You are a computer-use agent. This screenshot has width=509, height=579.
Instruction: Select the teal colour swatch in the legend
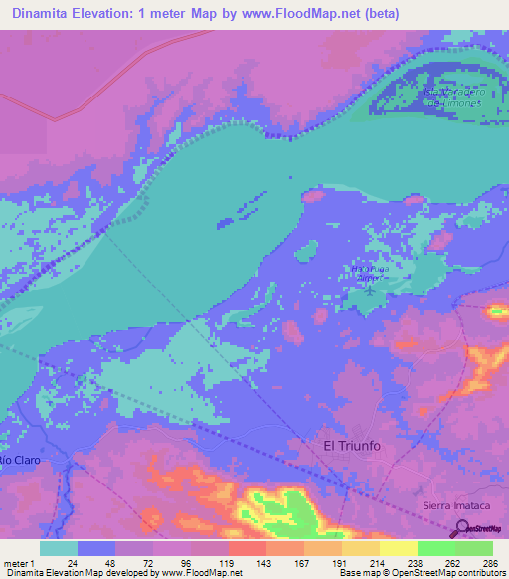[59, 548]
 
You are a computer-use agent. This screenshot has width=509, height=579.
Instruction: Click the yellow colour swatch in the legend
[398, 548]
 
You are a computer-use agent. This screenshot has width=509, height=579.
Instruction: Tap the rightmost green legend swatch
[473, 548]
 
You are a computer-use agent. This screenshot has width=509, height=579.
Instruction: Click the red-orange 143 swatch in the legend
[246, 548]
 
